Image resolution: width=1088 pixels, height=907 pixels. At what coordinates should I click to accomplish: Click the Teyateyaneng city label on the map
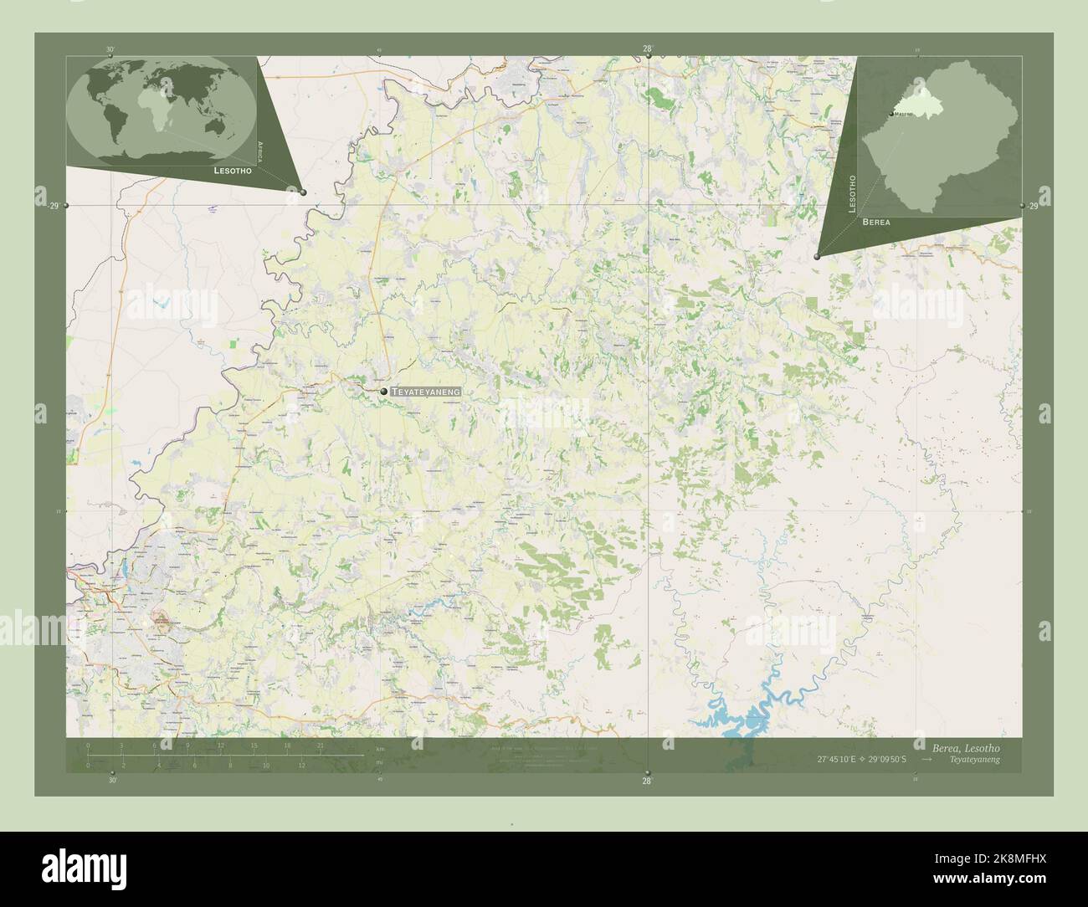click(x=426, y=391)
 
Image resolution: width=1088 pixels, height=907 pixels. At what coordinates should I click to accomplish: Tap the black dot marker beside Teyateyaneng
click(x=383, y=391)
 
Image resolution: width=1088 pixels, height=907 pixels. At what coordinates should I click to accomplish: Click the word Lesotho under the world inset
click(x=233, y=170)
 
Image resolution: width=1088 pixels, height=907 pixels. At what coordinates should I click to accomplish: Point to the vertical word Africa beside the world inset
click(x=262, y=150)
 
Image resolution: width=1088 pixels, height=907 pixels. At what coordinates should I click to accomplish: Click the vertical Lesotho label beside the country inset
click(x=853, y=193)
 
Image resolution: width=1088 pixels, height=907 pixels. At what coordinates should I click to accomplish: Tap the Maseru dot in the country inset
click(x=890, y=114)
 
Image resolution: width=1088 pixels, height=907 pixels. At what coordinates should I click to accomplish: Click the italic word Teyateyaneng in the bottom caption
click(x=974, y=760)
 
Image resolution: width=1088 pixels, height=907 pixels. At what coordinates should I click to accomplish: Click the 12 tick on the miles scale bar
click(x=301, y=765)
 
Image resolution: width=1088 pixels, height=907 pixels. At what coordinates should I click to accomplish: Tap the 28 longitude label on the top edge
click(x=647, y=49)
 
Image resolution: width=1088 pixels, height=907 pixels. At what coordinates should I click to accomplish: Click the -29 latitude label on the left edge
click(x=54, y=206)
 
